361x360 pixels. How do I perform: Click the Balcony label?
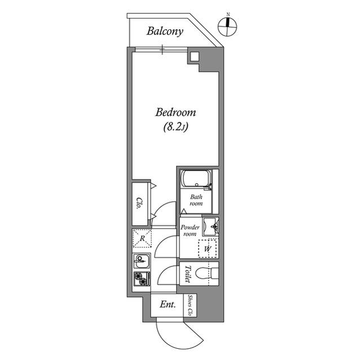[x=165, y=32]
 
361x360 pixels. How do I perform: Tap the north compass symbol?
[x=227, y=26]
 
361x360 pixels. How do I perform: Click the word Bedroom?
[x=175, y=113]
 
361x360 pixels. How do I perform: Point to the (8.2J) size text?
[x=175, y=127]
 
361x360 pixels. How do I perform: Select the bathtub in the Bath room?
[x=196, y=179]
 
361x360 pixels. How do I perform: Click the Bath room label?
[x=196, y=200]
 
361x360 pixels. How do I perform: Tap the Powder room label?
[x=190, y=230]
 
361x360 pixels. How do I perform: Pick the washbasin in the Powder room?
[x=210, y=226]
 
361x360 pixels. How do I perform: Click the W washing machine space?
[x=208, y=248]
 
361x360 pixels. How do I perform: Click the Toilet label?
[x=188, y=274]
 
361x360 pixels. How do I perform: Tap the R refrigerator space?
[x=142, y=238]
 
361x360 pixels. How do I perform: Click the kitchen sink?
[x=142, y=261]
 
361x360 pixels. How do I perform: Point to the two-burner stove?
[x=142, y=279]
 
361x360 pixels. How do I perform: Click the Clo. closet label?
[x=139, y=203]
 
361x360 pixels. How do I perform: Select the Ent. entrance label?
[x=168, y=305]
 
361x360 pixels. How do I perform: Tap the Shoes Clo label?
[x=190, y=305]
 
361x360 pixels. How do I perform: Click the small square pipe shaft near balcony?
[x=195, y=56]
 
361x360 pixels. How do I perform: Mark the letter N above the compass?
[x=228, y=15]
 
